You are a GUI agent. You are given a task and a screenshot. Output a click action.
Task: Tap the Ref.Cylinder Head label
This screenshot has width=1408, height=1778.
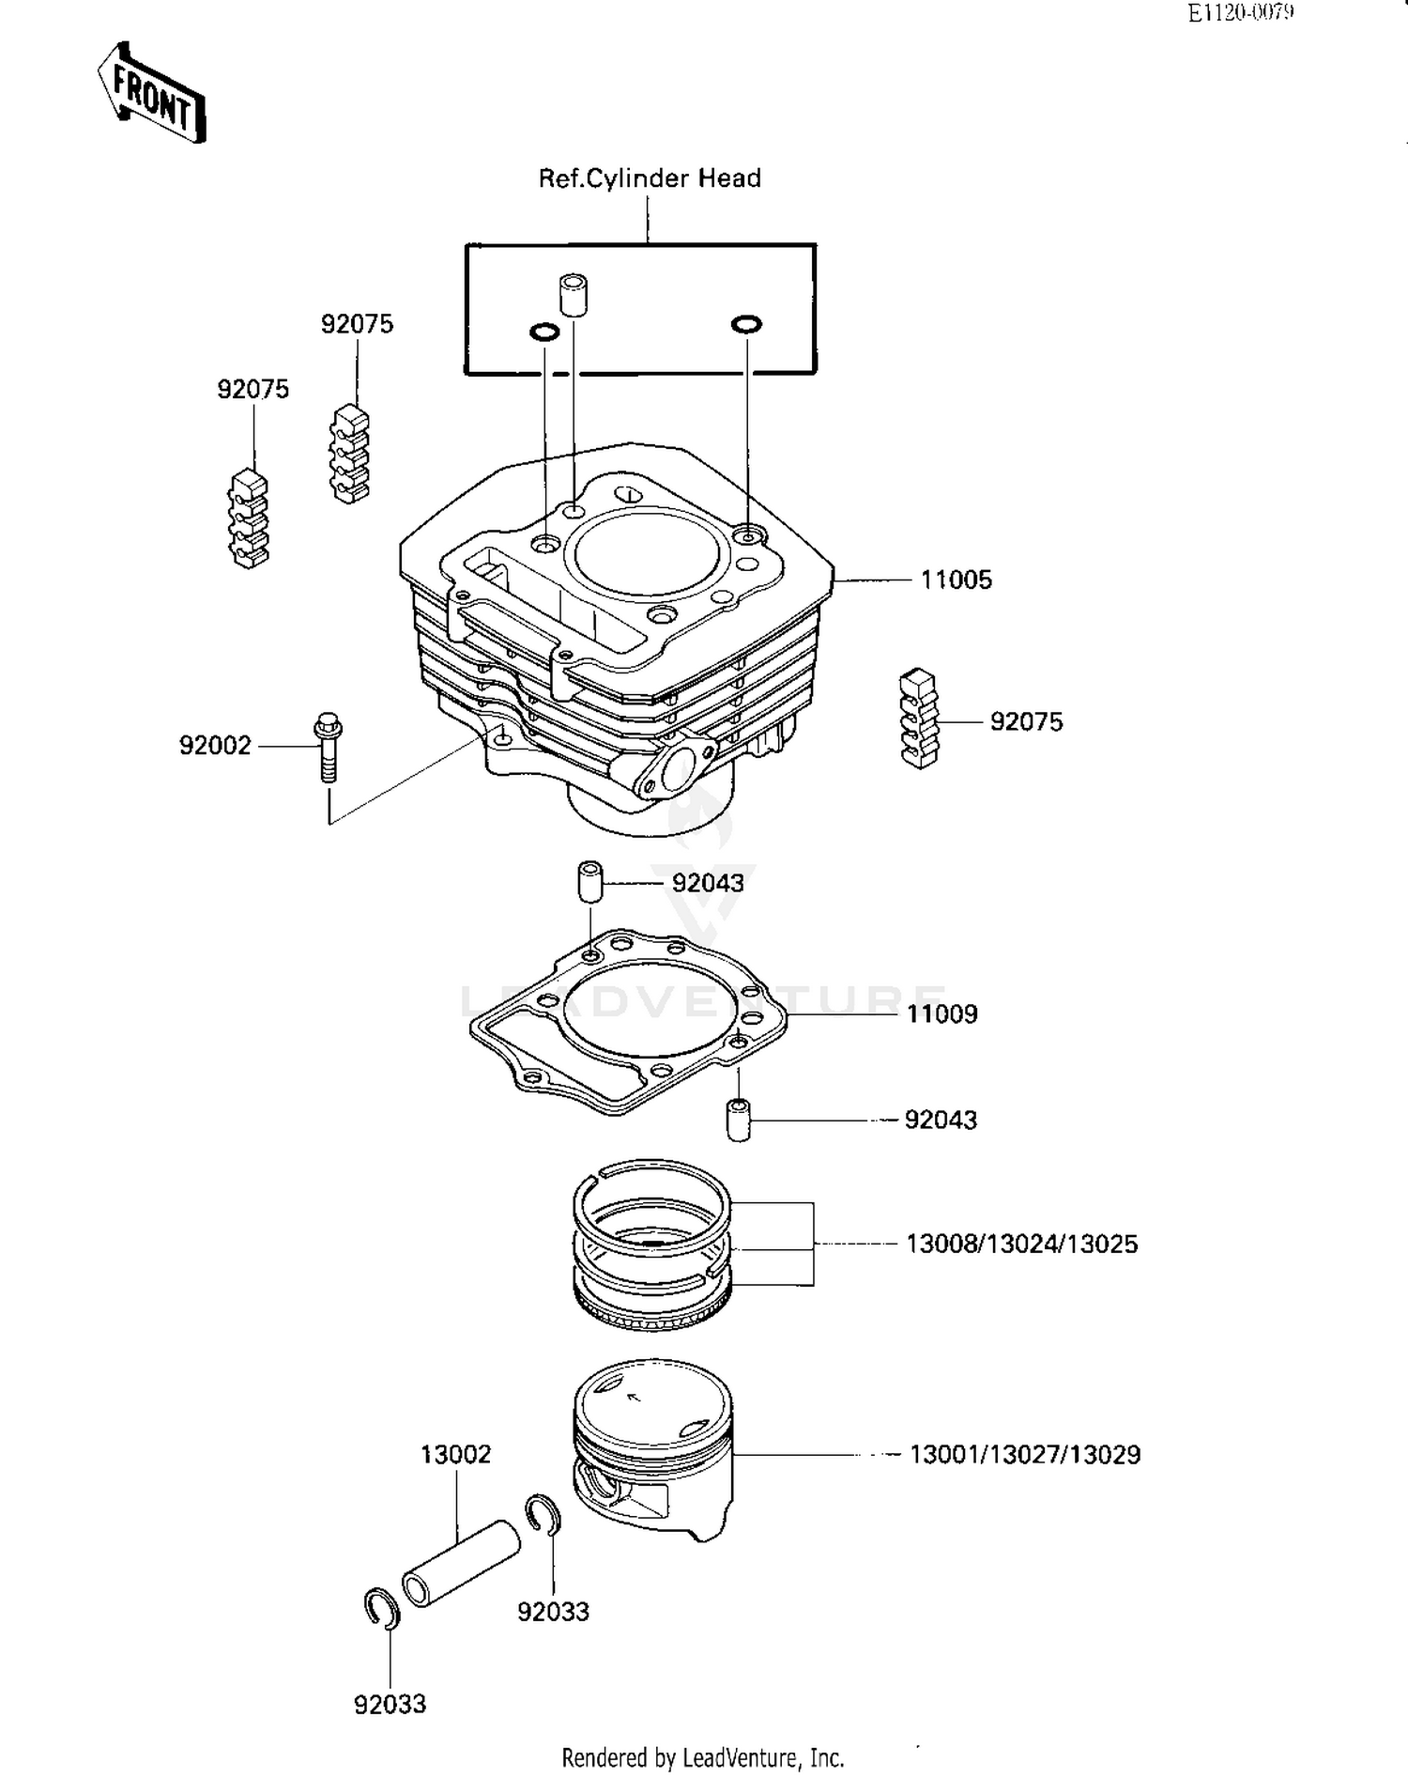649,178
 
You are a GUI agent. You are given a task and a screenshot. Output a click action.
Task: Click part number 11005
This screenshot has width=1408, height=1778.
956,580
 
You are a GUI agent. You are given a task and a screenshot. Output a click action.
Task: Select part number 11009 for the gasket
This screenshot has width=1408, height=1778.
941,1014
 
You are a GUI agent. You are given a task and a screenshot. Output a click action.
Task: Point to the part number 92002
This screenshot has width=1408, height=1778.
215,746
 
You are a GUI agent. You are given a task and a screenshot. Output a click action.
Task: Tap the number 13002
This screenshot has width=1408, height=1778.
455,1454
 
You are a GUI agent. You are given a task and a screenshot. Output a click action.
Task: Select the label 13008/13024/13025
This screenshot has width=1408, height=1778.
1021,1245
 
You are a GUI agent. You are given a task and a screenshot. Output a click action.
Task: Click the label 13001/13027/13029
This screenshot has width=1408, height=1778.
1025,1455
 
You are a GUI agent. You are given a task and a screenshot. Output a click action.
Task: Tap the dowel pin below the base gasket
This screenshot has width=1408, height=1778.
739,1120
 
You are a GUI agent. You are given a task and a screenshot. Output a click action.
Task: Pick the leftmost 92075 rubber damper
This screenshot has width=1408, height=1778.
249,519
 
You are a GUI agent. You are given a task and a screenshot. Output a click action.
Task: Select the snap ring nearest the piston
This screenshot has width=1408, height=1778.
543,1513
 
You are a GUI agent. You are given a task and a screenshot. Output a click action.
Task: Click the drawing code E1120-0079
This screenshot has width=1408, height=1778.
1240,12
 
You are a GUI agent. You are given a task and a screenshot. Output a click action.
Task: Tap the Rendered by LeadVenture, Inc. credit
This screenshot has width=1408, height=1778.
702,1757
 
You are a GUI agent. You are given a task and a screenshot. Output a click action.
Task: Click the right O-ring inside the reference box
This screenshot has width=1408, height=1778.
746,324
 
